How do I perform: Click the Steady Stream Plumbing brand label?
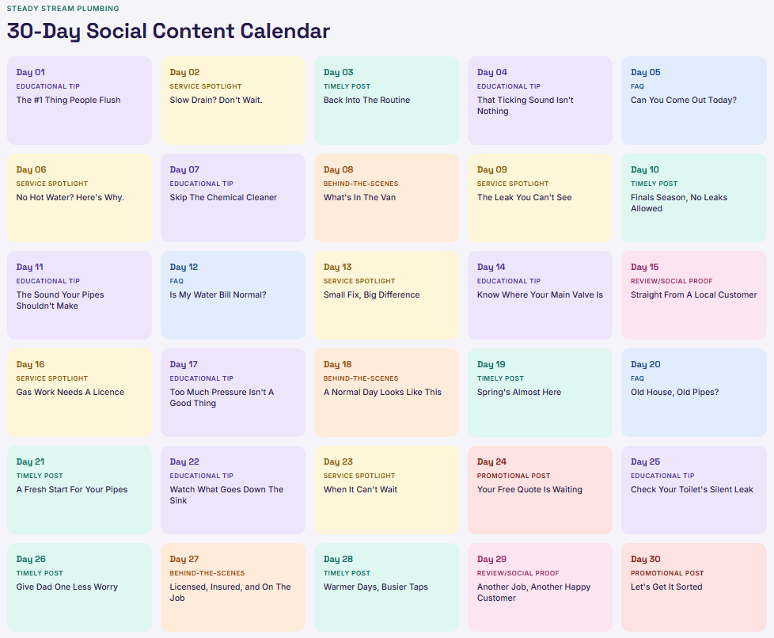tap(63, 9)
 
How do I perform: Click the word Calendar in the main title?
tap(285, 31)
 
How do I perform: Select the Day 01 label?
tap(31, 72)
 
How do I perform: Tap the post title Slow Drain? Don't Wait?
tap(216, 100)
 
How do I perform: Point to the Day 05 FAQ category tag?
tap(637, 86)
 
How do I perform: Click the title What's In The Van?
tap(359, 197)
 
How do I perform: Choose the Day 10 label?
tap(645, 169)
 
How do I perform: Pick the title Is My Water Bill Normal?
tap(218, 294)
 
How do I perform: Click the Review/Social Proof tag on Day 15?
tap(671, 281)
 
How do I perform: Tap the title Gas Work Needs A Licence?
tap(70, 392)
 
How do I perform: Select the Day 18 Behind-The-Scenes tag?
tap(361, 378)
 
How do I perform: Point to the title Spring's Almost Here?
tap(519, 392)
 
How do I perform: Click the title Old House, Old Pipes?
tap(675, 392)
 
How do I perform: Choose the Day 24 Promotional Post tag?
tap(514, 476)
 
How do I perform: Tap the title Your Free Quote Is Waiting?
tap(529, 489)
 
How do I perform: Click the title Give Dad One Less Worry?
tap(66, 587)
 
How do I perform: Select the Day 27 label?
tap(184, 559)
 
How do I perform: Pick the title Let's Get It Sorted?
tap(666, 587)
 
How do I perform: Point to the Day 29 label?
tap(491, 559)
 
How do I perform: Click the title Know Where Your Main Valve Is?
tap(540, 294)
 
